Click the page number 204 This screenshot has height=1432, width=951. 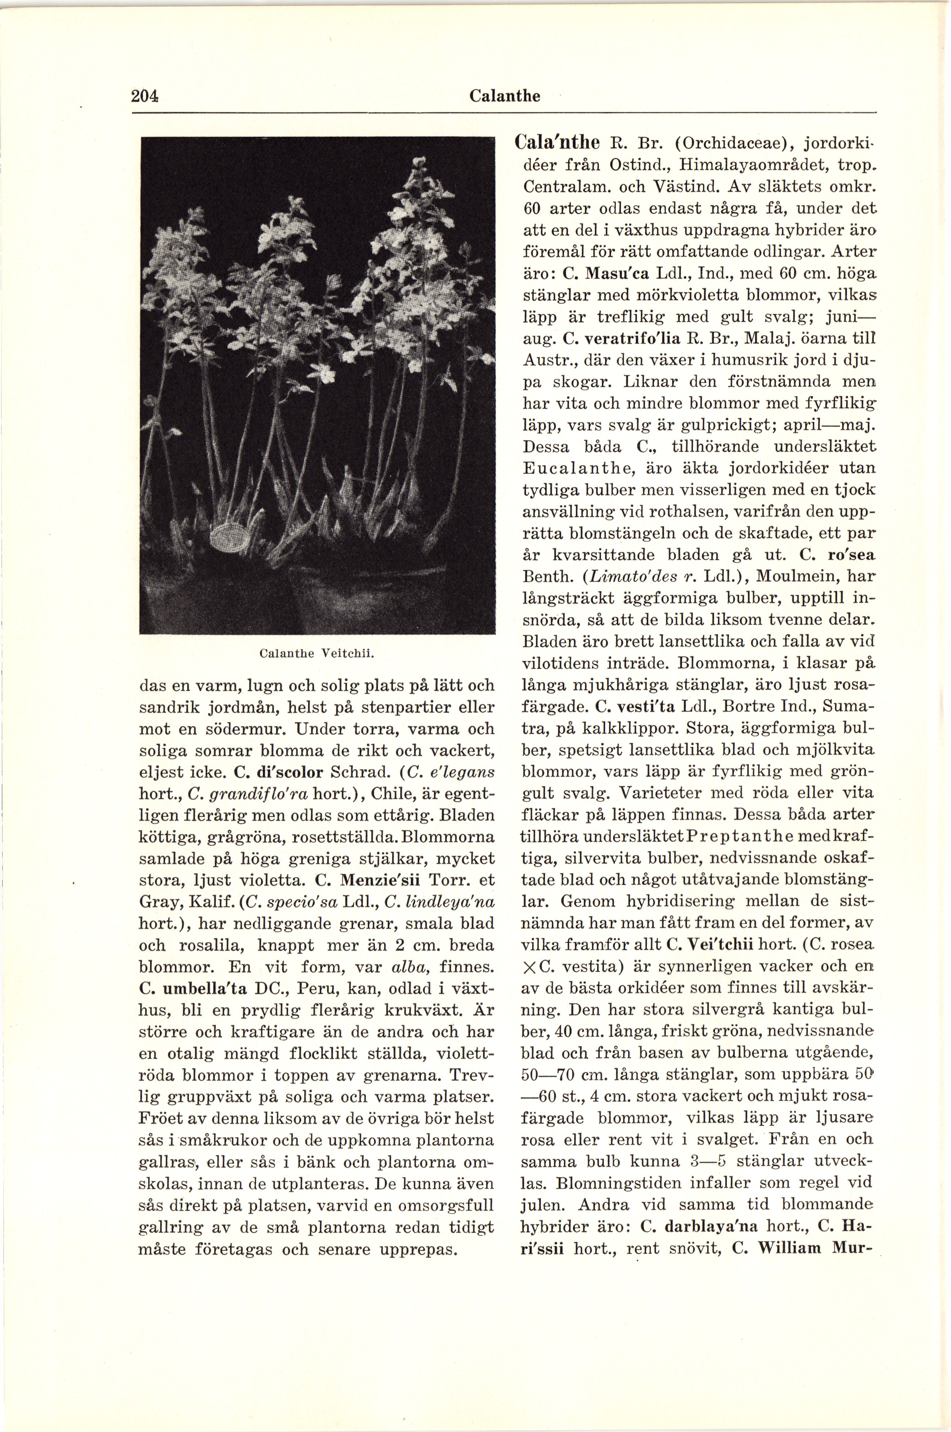pyautogui.click(x=144, y=96)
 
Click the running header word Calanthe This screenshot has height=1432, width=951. pyautogui.click(x=505, y=96)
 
